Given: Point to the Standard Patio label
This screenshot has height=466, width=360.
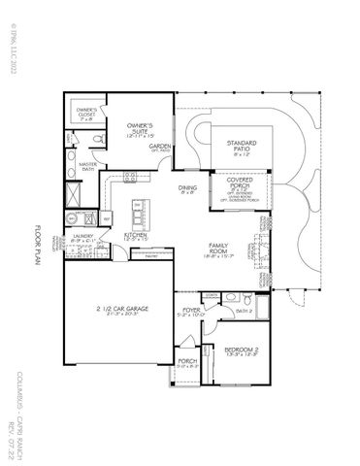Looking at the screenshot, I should [x=243, y=147].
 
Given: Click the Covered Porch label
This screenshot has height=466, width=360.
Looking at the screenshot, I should [x=240, y=183].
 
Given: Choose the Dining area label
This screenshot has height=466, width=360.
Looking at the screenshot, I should [x=190, y=190].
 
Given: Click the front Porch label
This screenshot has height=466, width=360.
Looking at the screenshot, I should [x=186, y=364].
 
